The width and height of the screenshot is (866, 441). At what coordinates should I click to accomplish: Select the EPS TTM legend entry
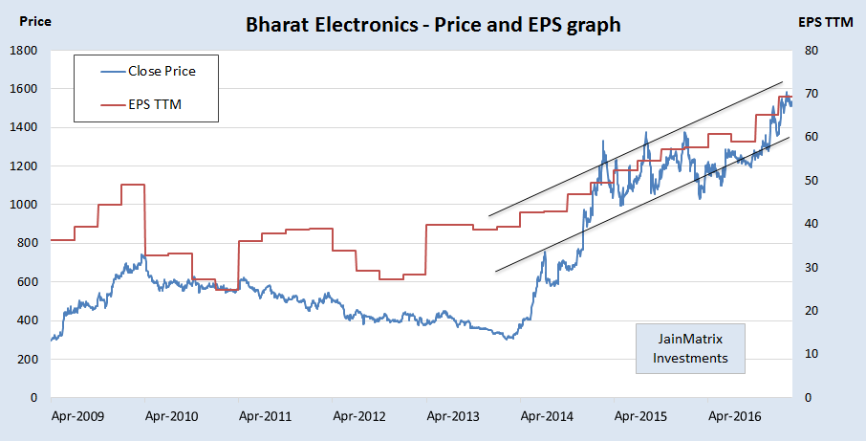[155, 104]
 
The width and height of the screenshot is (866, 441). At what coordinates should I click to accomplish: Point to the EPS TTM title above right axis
[825, 20]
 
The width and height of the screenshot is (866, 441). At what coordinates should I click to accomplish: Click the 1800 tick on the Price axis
[23, 50]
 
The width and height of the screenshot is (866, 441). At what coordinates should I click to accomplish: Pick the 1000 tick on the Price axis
[23, 205]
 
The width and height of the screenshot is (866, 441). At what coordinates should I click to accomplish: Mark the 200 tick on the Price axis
[27, 359]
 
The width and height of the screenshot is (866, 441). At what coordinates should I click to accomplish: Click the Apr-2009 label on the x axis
[77, 416]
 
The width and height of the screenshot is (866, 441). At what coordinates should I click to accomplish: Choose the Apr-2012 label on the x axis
[358, 416]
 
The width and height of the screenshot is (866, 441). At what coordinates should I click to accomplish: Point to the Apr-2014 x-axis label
[546, 416]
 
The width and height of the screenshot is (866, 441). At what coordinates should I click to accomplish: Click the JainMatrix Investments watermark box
[690, 349]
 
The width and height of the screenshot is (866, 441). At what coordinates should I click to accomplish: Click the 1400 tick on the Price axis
[23, 127]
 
